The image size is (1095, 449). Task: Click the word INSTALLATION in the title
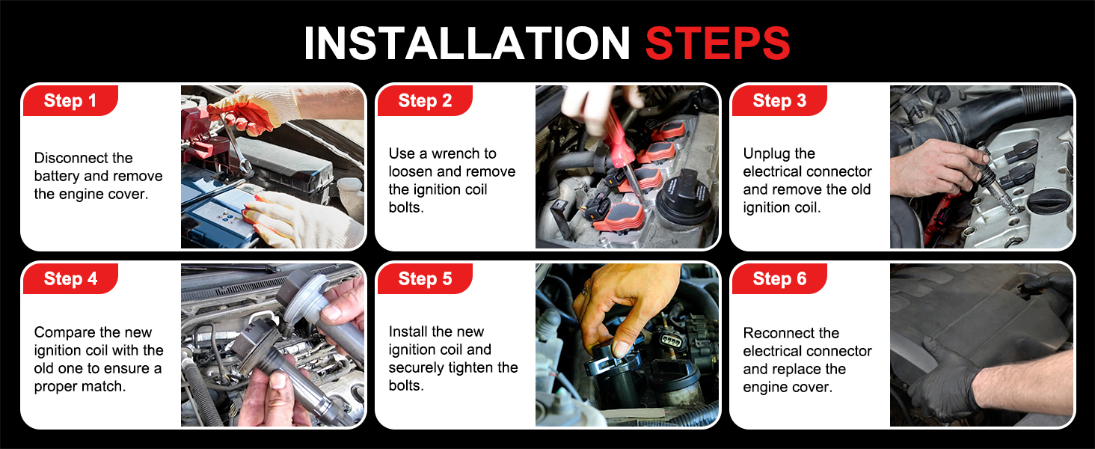tap(467, 43)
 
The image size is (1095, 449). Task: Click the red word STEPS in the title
tap(717, 43)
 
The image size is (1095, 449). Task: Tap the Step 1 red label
tap(70, 101)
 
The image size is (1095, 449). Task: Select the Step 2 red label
tap(425, 101)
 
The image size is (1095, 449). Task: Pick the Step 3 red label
tap(779, 101)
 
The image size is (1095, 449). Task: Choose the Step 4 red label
tap(70, 279)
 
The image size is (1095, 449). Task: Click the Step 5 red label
tap(425, 279)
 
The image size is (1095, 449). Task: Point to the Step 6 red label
tap(779, 279)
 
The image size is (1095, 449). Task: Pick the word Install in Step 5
tap(408, 332)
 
